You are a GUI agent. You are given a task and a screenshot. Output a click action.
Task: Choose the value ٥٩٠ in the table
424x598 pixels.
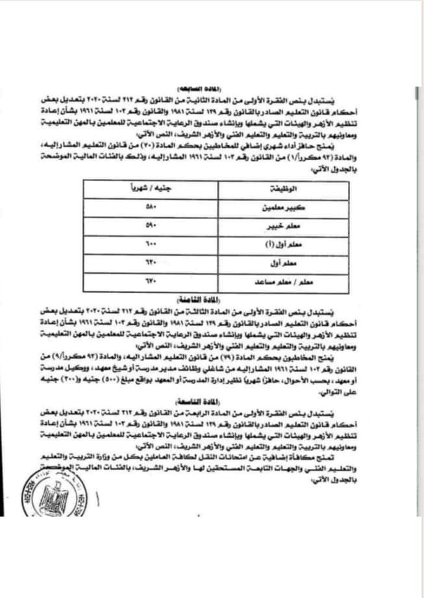click(147, 226)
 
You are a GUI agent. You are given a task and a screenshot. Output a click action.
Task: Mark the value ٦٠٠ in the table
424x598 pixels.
click(147, 245)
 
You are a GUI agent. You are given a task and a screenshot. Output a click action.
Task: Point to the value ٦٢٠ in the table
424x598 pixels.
click(147, 264)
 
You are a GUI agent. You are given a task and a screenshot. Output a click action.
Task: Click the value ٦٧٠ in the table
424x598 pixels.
click(147, 283)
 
